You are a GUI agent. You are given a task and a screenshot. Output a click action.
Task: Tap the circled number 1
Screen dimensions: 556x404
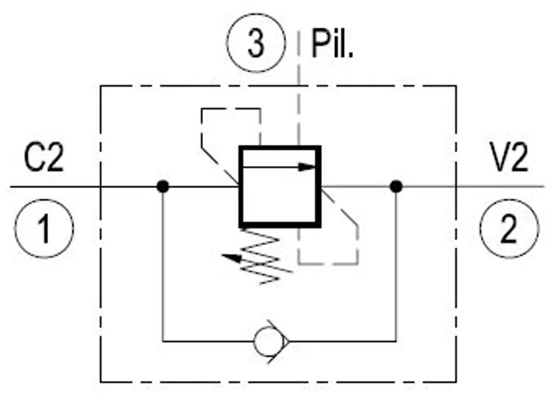click(44, 229)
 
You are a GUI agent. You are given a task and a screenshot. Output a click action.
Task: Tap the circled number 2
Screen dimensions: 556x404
click(509, 229)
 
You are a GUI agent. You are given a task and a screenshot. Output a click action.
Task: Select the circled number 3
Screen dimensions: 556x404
click(256, 43)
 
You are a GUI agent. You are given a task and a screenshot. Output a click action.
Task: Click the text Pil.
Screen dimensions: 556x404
click(332, 44)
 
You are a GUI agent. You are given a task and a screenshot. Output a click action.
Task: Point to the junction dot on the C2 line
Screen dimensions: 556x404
click(163, 186)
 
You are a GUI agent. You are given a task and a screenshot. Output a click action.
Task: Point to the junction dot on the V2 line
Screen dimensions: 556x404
click(396, 186)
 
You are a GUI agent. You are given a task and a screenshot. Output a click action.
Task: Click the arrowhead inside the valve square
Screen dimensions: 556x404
click(306, 167)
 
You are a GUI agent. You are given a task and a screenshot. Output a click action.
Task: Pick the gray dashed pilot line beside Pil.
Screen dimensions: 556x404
click(299, 89)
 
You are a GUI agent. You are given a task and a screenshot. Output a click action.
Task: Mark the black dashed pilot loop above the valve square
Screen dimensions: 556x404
click(231, 109)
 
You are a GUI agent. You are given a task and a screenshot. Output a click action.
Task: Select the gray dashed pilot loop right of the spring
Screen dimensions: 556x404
click(357, 244)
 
